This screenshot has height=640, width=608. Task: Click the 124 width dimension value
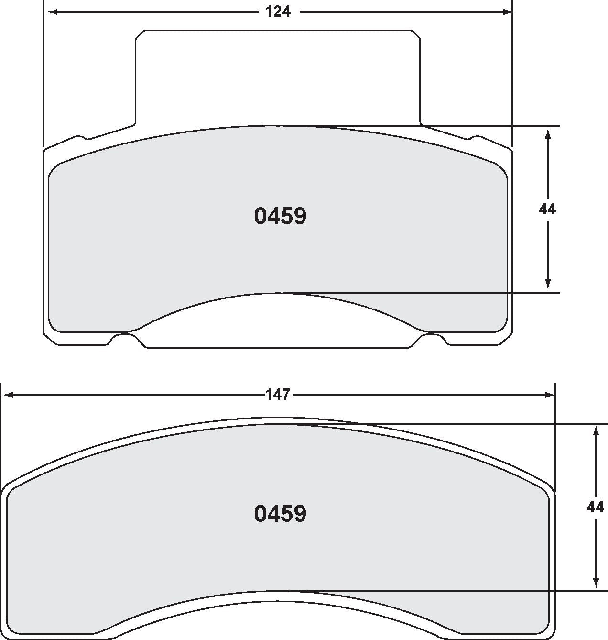click(278, 11)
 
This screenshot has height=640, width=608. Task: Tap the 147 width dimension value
click(278, 395)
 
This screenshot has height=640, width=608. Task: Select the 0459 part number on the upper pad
click(280, 216)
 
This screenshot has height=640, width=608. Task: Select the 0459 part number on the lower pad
click(280, 514)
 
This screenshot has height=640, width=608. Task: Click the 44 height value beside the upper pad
click(547, 209)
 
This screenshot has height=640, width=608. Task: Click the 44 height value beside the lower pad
click(595, 507)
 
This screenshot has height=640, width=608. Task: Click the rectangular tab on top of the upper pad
click(277, 77)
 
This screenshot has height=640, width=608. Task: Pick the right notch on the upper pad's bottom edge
click(432, 339)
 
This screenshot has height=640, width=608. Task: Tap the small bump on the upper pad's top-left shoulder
click(80, 138)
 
